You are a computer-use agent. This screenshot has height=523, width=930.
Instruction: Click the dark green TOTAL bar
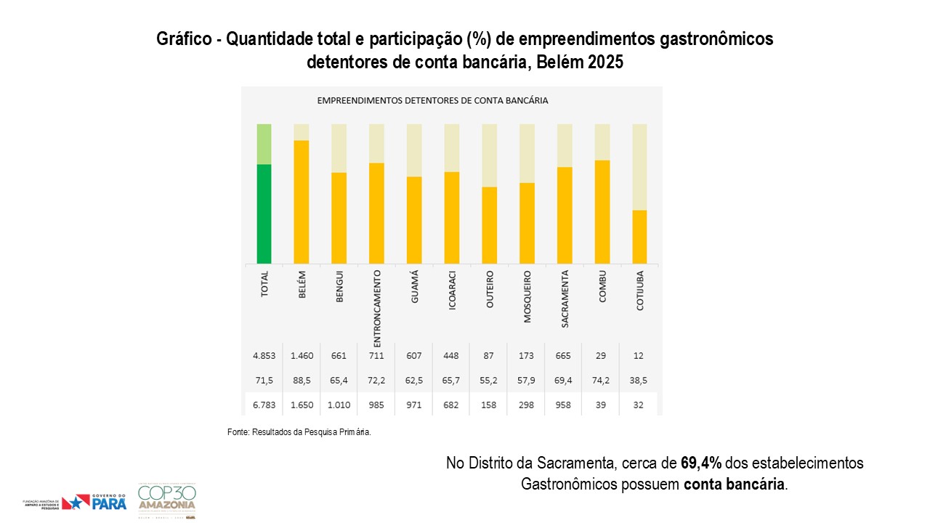coord(264,214)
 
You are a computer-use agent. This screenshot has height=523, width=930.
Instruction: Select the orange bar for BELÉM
coord(302,202)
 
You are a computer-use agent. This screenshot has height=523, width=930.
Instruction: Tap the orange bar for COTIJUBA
coord(639,237)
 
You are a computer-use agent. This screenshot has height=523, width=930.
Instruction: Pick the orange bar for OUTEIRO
coord(489,225)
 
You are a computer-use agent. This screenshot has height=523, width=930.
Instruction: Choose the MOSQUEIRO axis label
coord(527,296)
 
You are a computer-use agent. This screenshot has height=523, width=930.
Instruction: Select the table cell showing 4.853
coord(264,356)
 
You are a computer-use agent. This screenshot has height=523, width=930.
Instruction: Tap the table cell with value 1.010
coord(339,405)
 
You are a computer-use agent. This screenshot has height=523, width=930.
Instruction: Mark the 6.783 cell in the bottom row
coord(264,405)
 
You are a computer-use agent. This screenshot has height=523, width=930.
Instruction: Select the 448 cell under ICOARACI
coord(451,356)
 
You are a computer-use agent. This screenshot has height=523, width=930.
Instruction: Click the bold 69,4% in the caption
coord(701,463)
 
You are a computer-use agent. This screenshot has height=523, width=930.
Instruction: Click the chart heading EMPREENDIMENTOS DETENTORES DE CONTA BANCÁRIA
coord(432,100)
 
